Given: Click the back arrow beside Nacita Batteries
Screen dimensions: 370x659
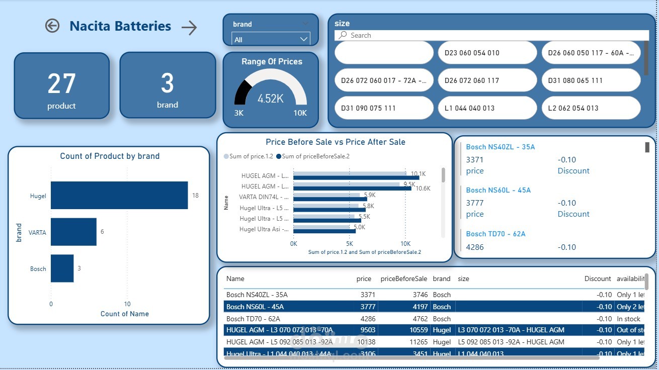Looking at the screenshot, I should point(52,26).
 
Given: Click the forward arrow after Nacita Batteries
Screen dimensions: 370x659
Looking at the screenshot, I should point(189,28).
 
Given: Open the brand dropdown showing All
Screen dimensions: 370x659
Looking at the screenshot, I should point(271,39).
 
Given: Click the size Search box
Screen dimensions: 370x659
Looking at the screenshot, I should point(493,35).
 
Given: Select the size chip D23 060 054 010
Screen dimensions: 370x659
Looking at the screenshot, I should point(487,53).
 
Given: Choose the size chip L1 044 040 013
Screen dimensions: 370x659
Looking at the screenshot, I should point(487,108).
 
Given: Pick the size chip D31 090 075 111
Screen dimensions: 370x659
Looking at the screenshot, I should point(383,108).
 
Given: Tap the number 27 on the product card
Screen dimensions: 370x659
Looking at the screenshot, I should point(61,84).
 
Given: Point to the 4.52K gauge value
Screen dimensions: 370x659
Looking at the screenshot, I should point(271,99).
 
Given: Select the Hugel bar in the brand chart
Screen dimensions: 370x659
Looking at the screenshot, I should point(119,196).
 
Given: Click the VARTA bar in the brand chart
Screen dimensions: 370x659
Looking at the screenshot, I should point(73,232).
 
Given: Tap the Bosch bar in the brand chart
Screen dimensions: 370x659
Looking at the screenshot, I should point(62,268).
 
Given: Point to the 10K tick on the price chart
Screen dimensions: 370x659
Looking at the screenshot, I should point(405,243).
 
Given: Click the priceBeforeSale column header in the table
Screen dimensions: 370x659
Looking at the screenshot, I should point(403,279).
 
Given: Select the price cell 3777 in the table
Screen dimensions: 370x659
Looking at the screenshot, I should point(364,307).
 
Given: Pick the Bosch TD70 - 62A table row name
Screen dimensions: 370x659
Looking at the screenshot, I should point(253,319).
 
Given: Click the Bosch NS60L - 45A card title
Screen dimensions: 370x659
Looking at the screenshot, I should point(498,190).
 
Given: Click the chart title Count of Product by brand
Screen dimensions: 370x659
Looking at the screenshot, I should point(110,156).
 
